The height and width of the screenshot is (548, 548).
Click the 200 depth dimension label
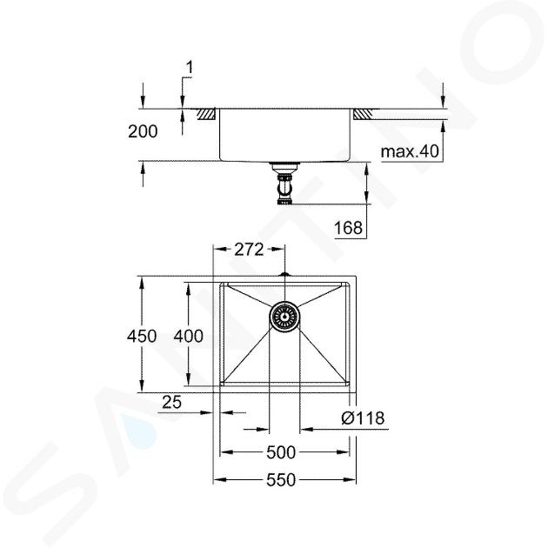[143, 131]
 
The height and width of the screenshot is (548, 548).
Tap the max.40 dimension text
[410, 151]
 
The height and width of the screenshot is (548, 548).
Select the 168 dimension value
[349, 228]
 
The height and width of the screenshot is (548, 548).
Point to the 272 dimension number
[249, 250]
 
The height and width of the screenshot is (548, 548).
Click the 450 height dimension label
[142, 337]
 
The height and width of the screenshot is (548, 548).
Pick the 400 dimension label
[189, 337]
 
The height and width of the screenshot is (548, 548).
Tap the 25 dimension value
[172, 402]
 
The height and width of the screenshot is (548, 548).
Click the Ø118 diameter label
[363, 418]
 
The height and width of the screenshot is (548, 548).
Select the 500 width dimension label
[281, 452]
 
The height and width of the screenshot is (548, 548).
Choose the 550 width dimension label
[281, 480]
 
